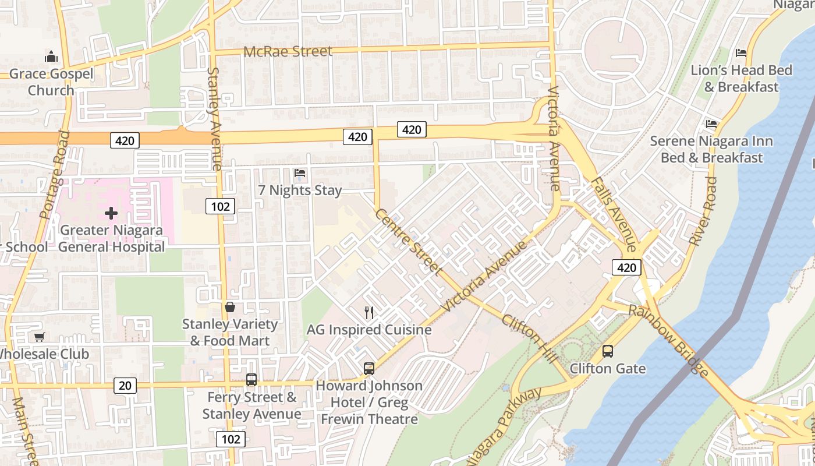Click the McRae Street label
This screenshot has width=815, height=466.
288,51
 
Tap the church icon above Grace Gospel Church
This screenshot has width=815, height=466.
51,57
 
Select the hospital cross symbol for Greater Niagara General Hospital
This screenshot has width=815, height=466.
111,213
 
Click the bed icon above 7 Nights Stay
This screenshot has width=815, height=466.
300,173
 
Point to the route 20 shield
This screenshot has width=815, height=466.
125,385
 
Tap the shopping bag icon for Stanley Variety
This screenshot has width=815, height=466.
230,307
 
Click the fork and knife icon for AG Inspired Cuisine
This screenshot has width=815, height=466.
369,313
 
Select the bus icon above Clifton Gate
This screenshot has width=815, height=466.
607,351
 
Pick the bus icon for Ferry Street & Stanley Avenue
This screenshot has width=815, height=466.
251,380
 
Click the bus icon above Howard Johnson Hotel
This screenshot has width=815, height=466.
369,368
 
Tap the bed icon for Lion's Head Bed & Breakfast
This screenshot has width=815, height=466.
741,53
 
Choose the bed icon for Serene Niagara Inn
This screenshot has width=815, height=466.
711,124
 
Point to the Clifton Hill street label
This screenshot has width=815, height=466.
529,339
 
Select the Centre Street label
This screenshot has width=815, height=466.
408,241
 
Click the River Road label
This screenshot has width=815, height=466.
703,211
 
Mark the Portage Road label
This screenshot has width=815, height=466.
55,174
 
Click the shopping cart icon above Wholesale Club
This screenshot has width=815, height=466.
39,337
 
